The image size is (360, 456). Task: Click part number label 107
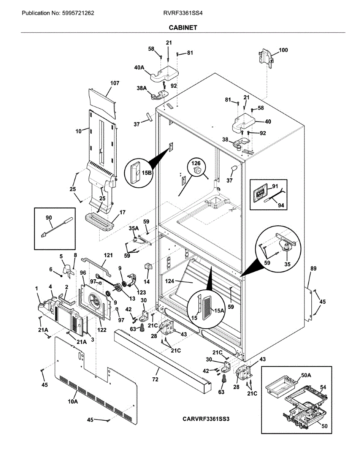pyautogui.click(x=114, y=83)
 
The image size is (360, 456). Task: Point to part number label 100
pyautogui.click(x=283, y=50)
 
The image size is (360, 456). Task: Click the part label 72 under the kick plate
pyautogui.click(x=155, y=380)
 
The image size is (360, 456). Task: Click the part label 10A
pyautogui.click(x=73, y=401)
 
